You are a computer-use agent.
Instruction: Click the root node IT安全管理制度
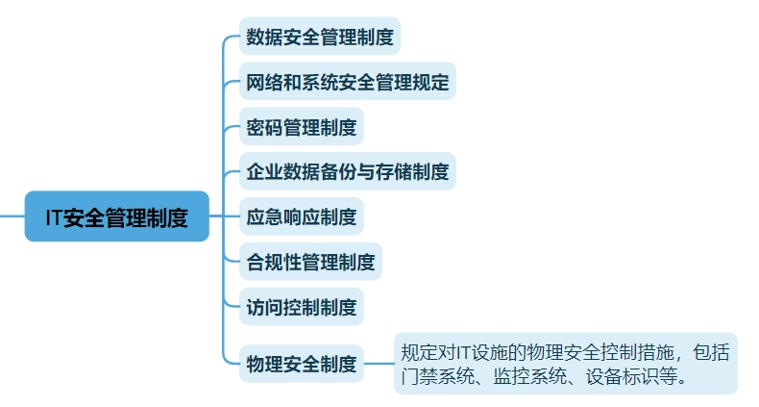(x=116, y=216)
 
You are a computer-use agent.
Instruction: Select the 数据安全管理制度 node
(x=319, y=38)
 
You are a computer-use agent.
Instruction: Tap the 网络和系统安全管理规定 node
(x=347, y=82)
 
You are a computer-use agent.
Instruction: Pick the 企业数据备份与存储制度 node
(x=347, y=172)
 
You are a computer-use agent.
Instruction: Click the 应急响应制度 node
(x=301, y=217)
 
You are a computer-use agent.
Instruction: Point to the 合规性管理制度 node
(x=310, y=262)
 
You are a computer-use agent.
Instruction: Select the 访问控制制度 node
(x=301, y=307)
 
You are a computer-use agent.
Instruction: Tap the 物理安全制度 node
(x=301, y=364)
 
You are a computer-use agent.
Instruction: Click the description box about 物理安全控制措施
(x=565, y=364)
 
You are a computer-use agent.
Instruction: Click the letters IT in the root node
(x=55, y=217)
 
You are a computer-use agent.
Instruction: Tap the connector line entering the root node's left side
(x=12, y=216)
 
